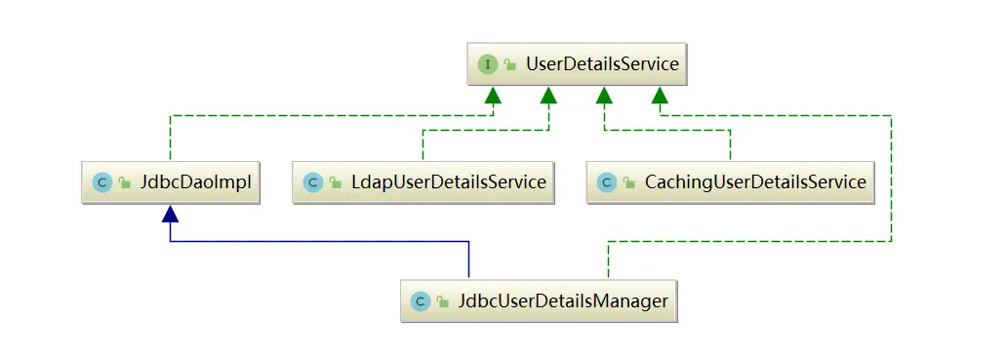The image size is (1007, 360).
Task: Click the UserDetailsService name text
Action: point(601,65)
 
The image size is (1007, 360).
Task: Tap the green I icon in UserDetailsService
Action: point(486,65)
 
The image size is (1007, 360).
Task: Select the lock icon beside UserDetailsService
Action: point(510,65)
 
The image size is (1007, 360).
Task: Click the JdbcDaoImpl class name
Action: point(193,181)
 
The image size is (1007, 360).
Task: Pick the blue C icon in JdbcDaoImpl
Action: point(101,181)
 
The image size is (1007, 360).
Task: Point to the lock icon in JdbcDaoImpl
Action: point(125,181)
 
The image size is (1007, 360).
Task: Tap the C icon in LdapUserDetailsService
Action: point(312,181)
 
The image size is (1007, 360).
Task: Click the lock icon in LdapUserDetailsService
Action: point(337,181)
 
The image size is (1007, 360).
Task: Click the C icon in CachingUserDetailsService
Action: point(606,181)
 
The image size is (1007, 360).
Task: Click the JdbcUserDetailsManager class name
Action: point(563,300)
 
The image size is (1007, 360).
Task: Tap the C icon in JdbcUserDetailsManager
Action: point(420,300)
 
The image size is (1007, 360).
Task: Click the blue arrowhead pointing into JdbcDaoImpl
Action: point(171,212)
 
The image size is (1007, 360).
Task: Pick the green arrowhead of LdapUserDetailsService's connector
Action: point(548,95)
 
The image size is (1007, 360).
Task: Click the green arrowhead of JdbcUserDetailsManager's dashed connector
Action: point(661,95)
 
